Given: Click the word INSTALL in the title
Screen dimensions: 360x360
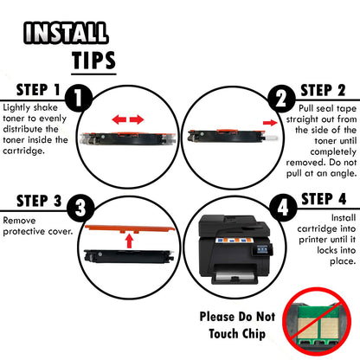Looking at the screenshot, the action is point(66,33).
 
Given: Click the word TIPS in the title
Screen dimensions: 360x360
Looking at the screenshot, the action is point(93,61).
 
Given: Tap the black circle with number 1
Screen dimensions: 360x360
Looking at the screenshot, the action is point(78,98).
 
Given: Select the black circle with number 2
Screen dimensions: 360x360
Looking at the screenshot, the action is point(281,99).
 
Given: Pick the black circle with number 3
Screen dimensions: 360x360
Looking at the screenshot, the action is point(80,208).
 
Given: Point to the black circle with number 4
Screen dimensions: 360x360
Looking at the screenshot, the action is point(283,208).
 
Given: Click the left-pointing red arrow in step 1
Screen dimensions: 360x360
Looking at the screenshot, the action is point(119,119).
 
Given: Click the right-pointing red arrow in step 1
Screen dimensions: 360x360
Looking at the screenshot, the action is point(137,119).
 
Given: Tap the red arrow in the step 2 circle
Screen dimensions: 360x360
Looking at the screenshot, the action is point(270,123).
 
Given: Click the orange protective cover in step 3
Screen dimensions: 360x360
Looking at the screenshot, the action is point(130,228).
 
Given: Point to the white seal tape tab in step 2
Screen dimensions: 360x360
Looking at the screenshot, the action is point(271,138).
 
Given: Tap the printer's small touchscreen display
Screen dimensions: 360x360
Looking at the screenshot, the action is point(262,249).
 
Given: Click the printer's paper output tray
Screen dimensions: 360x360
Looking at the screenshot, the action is point(235,277).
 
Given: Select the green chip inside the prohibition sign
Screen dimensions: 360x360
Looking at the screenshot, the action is point(318,325).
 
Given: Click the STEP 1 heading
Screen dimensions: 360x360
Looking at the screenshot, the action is point(38,90).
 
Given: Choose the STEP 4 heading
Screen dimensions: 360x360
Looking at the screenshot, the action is point(324,199).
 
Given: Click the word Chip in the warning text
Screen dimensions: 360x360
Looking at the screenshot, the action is point(254,334).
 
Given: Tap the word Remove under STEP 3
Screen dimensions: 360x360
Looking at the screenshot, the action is point(19,221).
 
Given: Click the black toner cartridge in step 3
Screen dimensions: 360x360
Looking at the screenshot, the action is point(129,256).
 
